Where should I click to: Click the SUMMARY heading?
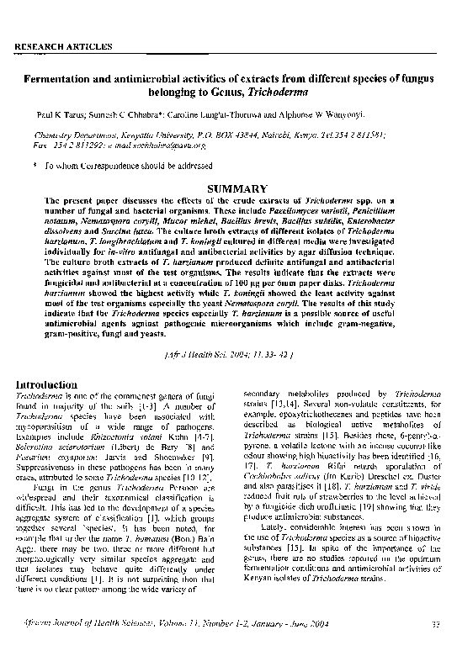click(x=227, y=189)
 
